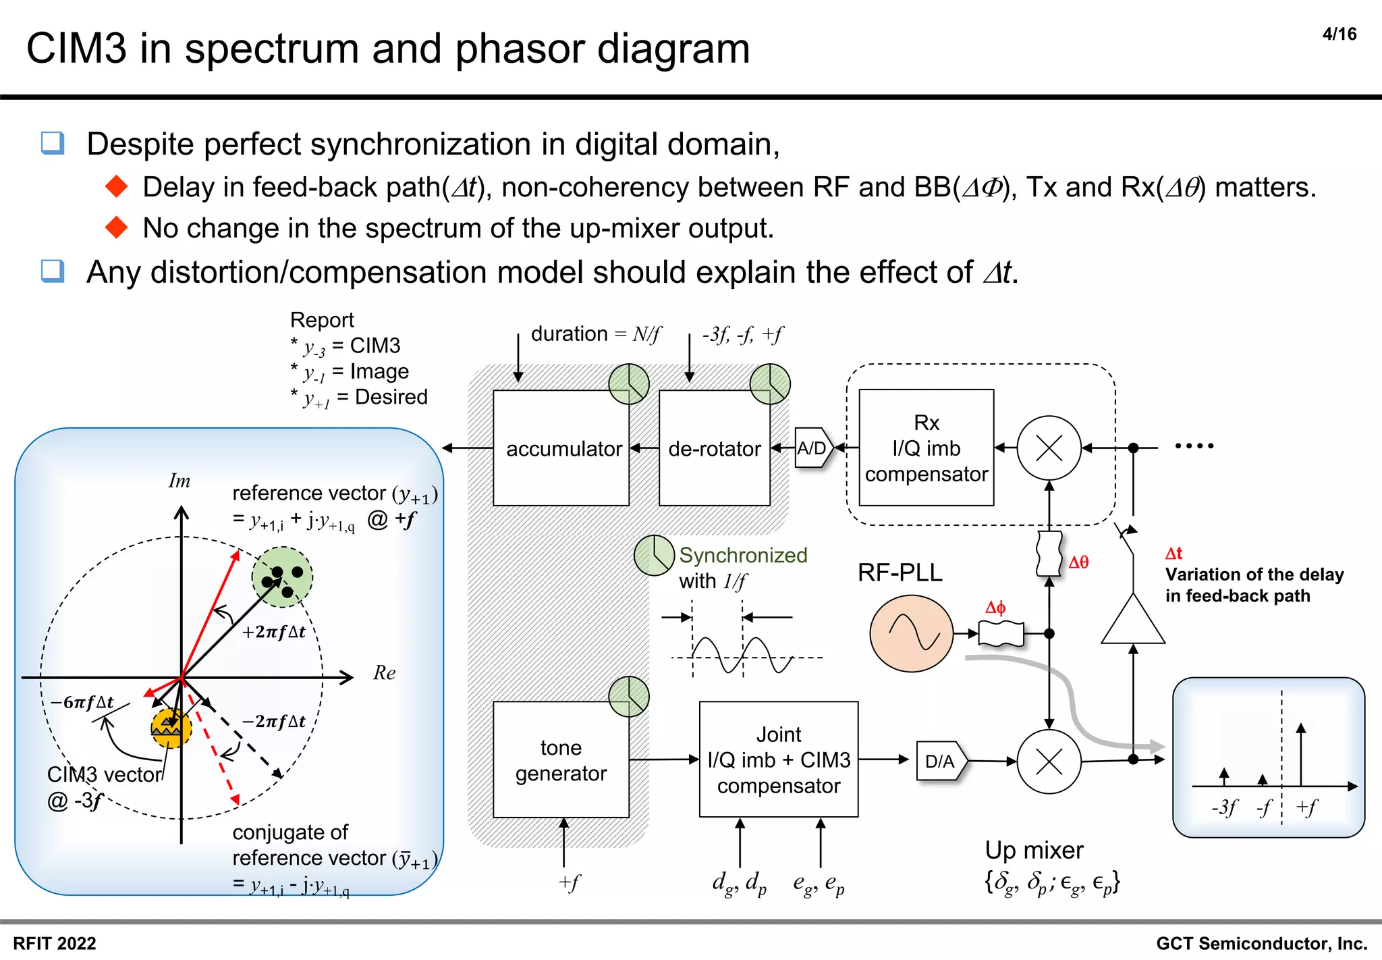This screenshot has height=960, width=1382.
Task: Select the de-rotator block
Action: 714,448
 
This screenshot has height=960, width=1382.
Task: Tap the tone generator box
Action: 561,760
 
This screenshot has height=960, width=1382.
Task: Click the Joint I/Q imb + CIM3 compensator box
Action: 778,760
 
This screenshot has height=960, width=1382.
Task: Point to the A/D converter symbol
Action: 813,448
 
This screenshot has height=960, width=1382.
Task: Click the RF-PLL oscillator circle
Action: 911,633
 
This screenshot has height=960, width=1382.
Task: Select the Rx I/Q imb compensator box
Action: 926,448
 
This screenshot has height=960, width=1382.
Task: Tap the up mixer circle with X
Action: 1049,762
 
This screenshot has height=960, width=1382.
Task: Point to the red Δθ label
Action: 1078,562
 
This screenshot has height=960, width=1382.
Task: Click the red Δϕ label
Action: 995,607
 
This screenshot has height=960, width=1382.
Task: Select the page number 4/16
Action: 1339,34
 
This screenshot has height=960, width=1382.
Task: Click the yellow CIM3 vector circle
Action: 171,728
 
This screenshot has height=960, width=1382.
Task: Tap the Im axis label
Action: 179,481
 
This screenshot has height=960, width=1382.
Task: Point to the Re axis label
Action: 384,672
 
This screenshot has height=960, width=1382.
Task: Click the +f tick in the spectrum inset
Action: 1306,807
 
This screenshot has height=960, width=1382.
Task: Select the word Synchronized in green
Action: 743,555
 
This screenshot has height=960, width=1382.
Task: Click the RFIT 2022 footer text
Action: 55,943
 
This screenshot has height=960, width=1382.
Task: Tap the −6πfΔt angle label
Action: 82,702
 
